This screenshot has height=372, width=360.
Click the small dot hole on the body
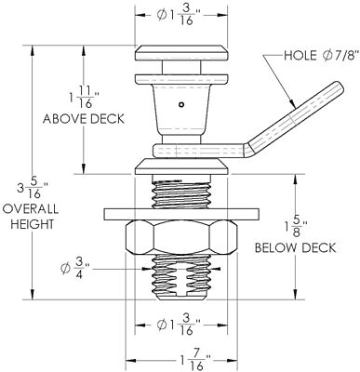point(183,103)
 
